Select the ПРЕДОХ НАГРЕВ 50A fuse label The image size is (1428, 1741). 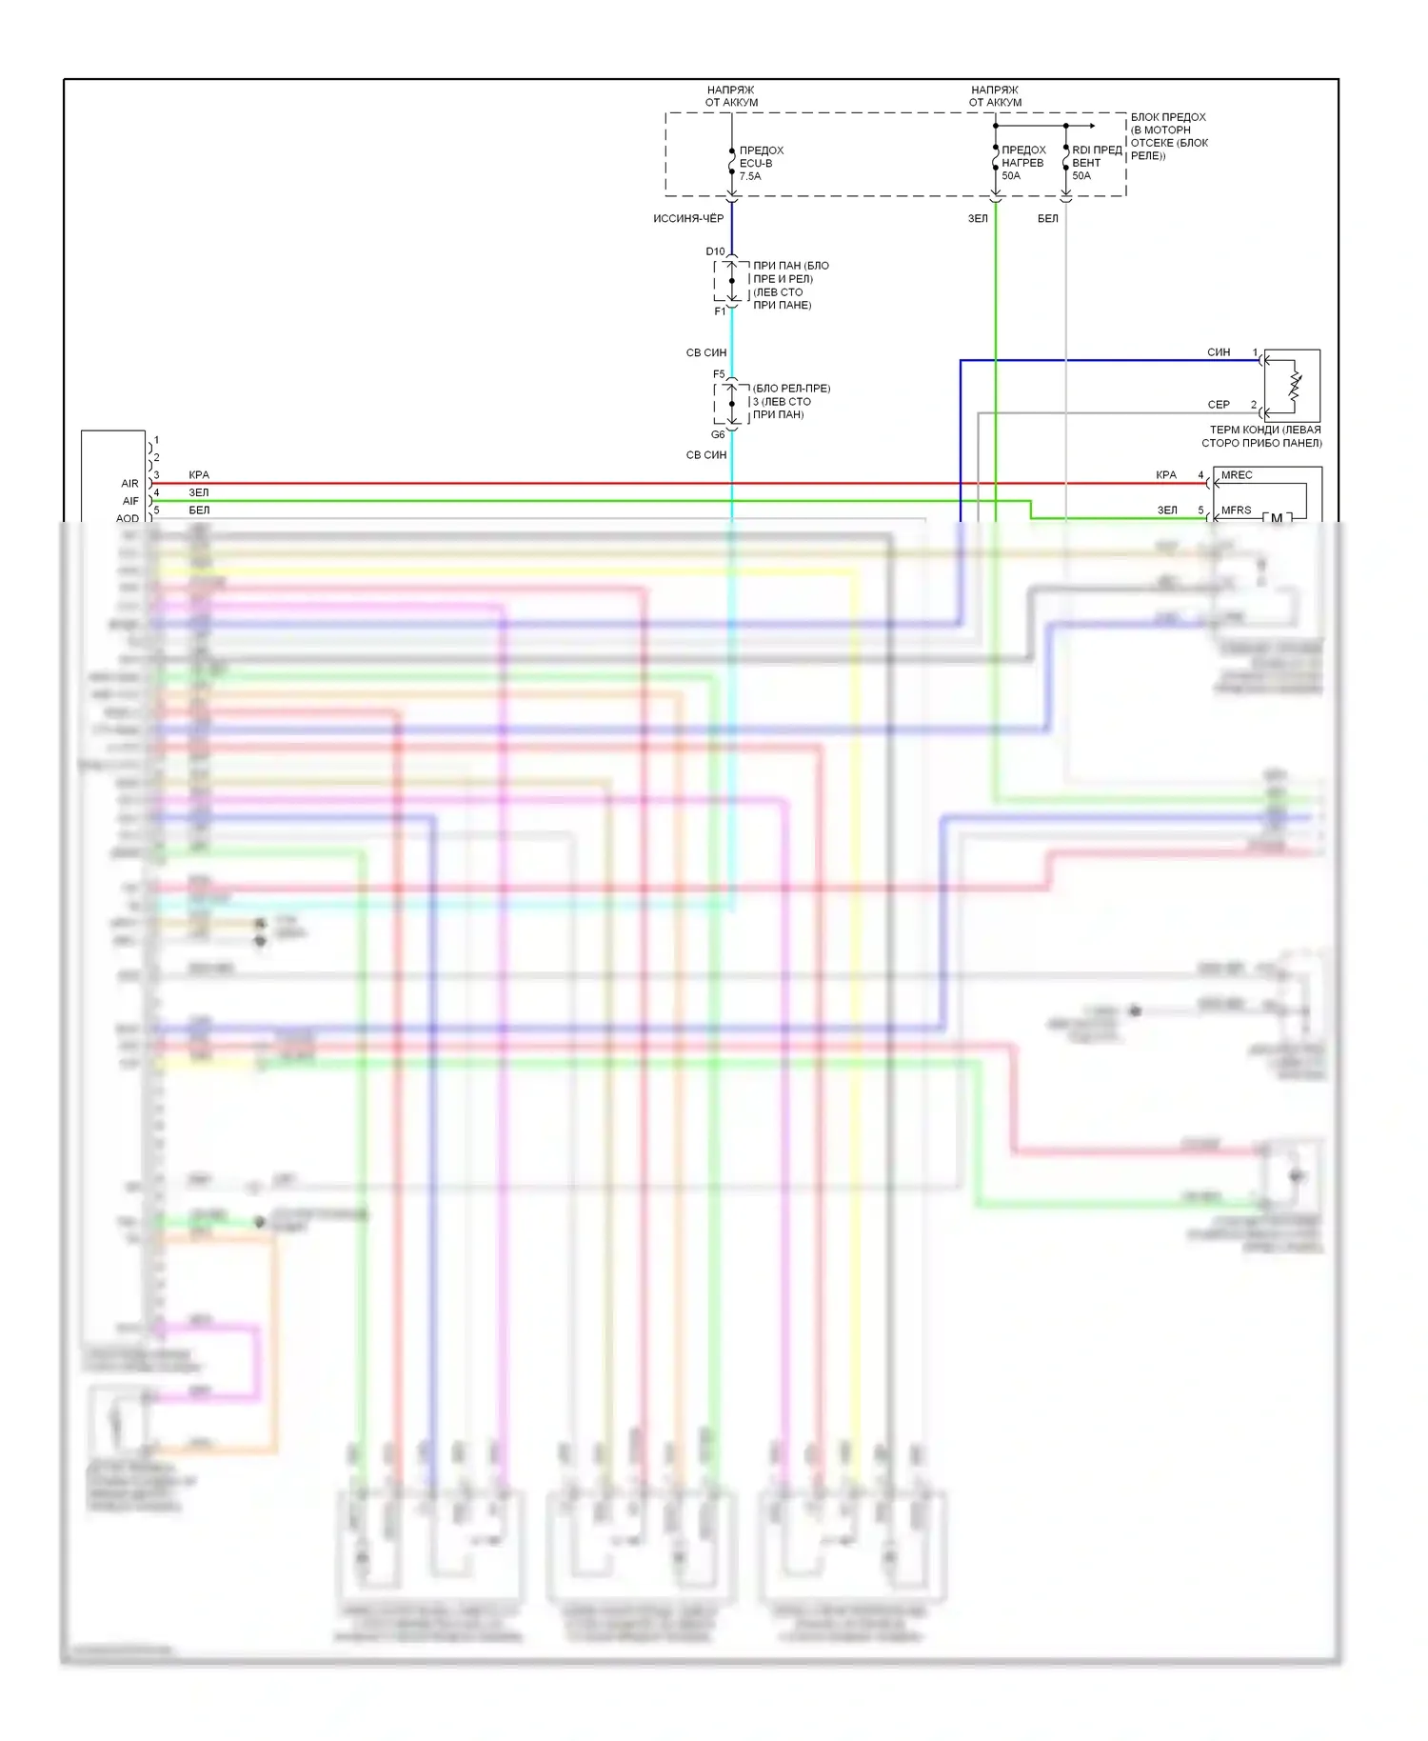pos(1023,163)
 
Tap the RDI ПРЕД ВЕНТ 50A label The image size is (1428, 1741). pos(1096,163)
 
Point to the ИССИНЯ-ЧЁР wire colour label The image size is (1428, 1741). pos(688,218)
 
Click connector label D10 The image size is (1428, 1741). pos(715,251)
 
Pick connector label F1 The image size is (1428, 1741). pos(720,311)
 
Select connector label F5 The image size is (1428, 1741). pos(719,374)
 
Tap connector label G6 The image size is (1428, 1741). pos(718,434)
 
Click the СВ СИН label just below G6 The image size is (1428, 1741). pos(706,455)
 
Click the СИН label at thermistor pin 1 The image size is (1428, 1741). pos(1219,352)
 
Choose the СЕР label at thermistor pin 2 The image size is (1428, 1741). pos(1219,405)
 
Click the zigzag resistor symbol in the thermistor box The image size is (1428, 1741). pos(1295,385)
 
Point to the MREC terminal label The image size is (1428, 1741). pos(1237,475)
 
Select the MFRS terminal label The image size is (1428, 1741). pos(1236,510)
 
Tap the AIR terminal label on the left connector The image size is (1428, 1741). pos(129,484)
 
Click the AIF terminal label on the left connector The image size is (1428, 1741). pos(130,501)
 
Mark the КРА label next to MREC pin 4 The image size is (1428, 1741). pos(1166,475)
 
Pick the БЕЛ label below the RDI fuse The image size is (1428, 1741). pos(1047,218)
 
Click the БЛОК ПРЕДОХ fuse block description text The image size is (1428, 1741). pos(1168,136)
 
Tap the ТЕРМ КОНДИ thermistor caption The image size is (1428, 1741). pos(1262,436)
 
